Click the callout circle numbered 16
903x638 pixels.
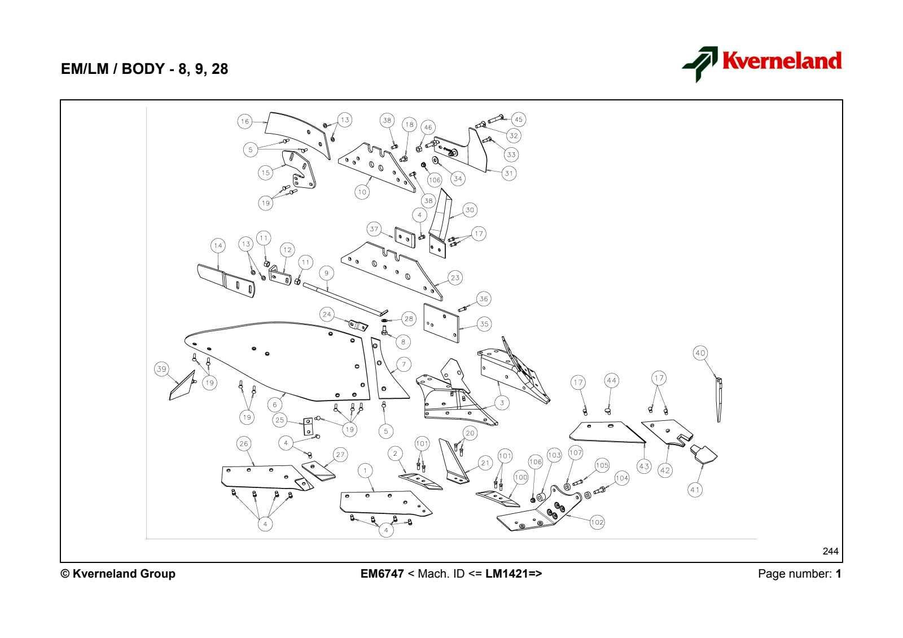tap(245, 121)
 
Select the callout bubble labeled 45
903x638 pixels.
tap(519, 119)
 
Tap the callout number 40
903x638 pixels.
tap(700, 353)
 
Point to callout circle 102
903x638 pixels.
tap(597, 522)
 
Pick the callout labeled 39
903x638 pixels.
tap(161, 369)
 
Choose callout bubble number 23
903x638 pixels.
tap(455, 278)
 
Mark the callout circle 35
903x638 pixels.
tap(484, 324)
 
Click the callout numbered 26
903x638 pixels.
tap(244, 444)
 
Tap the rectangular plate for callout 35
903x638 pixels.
tap(441, 323)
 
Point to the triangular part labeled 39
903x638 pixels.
tap(182, 386)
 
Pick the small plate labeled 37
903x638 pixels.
tap(405, 237)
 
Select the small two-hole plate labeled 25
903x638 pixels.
tap(308, 426)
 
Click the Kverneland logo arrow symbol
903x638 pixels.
tap(700, 64)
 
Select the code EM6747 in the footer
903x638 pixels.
tap(382, 574)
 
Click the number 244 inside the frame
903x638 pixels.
tap(830, 551)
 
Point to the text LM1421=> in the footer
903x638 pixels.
tap(514, 574)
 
